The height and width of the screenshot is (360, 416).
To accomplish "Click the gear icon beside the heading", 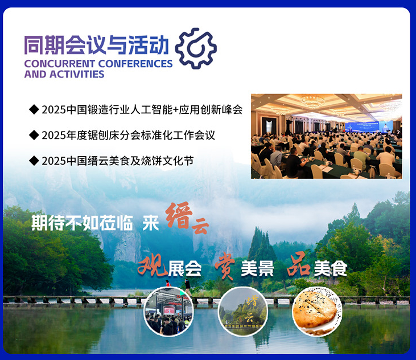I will pos(195,48).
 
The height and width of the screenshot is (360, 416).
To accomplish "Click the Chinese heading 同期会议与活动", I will pos(96,45).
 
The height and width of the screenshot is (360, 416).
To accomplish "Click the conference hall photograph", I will pos(326,136).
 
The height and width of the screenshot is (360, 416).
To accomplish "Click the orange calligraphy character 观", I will pos(153,265).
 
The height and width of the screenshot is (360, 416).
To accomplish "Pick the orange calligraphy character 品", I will pos(298,265).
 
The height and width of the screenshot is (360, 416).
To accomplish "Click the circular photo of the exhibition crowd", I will pos(168,311).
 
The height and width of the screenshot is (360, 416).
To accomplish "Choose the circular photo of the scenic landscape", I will pos(242,311).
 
